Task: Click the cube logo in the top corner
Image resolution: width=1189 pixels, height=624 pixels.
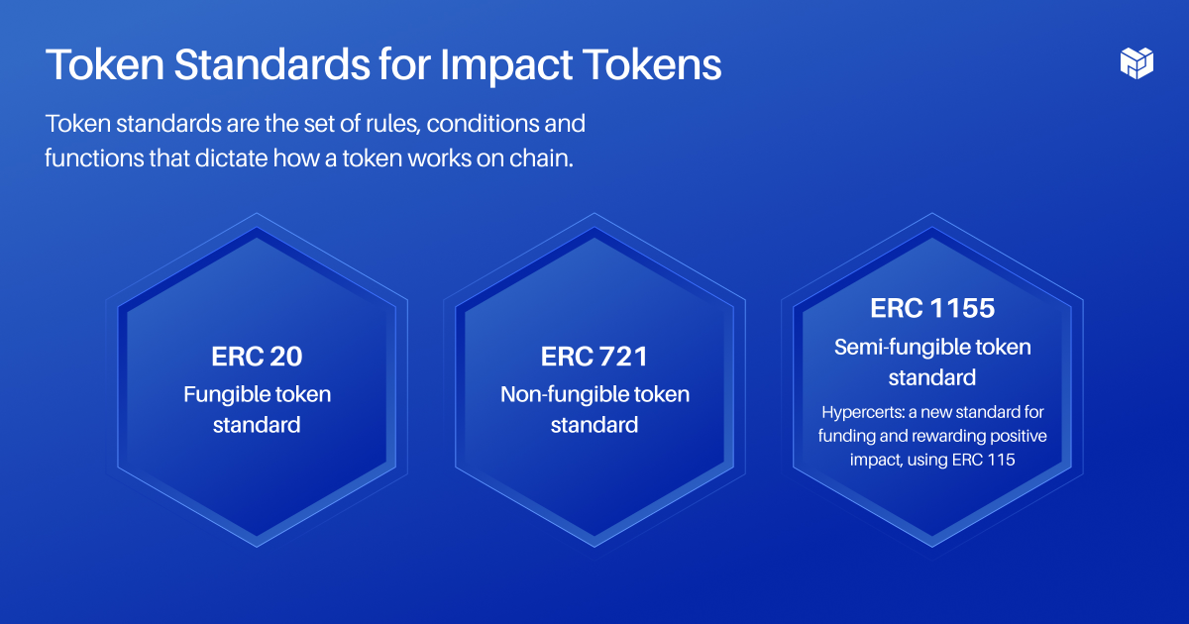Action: [x=1136, y=61]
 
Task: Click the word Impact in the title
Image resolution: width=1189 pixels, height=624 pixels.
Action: [x=503, y=65]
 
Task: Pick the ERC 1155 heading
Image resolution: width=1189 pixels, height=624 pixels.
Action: [x=931, y=308]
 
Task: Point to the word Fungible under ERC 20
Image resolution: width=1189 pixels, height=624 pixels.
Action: [x=226, y=394]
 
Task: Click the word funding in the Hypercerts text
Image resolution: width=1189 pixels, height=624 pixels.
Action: [x=847, y=436]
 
